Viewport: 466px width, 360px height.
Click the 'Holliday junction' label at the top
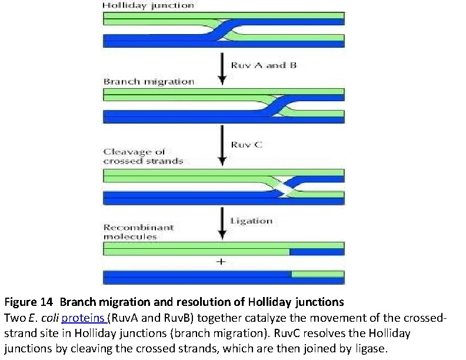[x=148, y=5]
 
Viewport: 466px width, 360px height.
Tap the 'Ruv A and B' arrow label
[x=264, y=65]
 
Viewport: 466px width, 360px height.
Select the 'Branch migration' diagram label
[x=148, y=81]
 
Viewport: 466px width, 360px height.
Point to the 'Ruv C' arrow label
[x=247, y=145]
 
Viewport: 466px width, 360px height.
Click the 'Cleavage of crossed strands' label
[x=143, y=156]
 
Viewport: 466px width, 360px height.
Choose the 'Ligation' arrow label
[x=251, y=221]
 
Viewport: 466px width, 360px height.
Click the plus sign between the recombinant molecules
[x=222, y=262]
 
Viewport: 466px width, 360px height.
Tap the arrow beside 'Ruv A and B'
[x=222, y=67]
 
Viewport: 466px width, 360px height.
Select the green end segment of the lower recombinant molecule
[x=317, y=274]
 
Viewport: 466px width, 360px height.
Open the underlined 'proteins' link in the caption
[x=84, y=318]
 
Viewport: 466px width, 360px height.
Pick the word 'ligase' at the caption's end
[x=370, y=347]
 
